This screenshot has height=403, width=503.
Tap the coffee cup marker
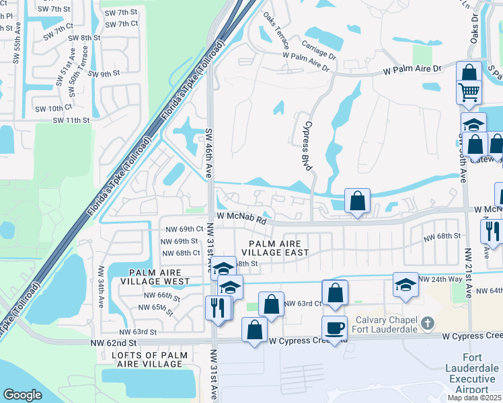pyautogui.click(x=334, y=328)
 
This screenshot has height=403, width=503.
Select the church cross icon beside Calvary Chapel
pyautogui.click(x=426, y=325)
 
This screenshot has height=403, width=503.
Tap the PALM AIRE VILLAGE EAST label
pyautogui.click(x=278, y=248)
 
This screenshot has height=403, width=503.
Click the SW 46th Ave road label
pyautogui.click(x=208, y=154)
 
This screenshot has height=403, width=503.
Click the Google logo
pyautogui.click(x=23, y=395)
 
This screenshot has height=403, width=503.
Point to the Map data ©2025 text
pyautogui.click(x=475, y=398)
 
